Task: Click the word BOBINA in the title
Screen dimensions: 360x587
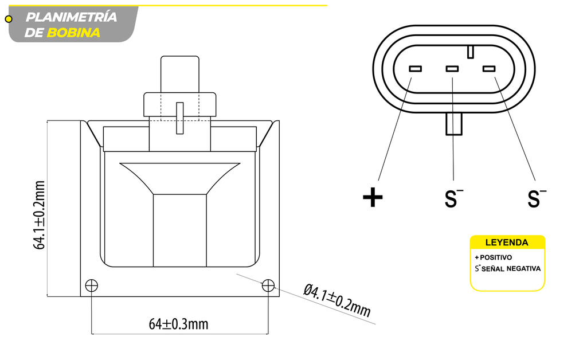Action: tap(73, 33)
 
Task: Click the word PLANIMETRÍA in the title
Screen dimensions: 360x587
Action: tap(71, 17)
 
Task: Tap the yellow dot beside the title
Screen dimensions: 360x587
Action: tap(9, 19)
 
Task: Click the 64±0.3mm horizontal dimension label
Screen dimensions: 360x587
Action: tap(178, 324)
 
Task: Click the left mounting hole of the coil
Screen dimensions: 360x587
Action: tap(92, 285)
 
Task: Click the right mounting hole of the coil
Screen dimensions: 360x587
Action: tap(268, 285)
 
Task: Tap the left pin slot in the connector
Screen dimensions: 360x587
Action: tap(415, 69)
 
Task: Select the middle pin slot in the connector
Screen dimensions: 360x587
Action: tap(452, 69)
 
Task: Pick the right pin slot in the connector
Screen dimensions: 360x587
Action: tap(489, 69)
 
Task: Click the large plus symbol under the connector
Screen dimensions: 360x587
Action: tap(373, 198)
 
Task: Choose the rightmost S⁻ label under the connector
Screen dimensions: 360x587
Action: tap(536, 198)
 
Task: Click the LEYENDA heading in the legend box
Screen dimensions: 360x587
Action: tap(507, 242)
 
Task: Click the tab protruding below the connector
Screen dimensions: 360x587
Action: tap(454, 124)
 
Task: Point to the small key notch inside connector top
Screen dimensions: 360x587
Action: tap(470, 52)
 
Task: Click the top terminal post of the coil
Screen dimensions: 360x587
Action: tap(180, 73)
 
